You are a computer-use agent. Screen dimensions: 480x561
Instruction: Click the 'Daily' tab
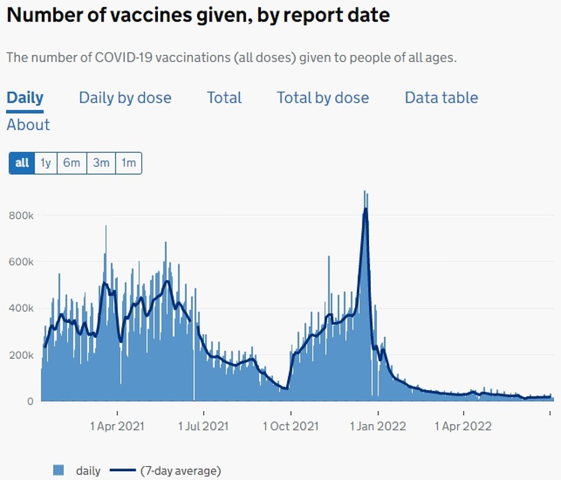25,97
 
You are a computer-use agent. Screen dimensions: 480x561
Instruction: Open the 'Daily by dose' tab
125,97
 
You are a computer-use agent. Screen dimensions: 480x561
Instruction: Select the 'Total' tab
224,97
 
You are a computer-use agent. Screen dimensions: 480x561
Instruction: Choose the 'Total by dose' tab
322,97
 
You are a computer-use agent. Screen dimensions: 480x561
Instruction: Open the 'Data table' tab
441,97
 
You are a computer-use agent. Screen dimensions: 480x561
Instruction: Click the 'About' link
28,125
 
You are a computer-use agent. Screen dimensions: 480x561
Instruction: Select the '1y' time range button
45,163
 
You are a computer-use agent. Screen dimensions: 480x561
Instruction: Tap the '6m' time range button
72,163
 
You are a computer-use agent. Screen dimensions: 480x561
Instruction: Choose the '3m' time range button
101,163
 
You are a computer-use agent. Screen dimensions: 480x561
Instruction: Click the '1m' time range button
128,163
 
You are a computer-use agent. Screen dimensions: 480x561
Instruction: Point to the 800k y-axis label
21,215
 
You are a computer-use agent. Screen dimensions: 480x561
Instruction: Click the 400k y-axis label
21,308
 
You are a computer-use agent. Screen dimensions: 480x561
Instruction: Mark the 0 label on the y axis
29,401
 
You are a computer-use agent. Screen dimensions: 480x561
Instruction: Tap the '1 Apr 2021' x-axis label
117,426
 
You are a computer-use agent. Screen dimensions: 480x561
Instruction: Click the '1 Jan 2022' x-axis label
378,426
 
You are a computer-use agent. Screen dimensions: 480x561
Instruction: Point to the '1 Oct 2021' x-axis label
290,426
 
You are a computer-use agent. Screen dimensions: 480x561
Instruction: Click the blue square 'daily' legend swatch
58,470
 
